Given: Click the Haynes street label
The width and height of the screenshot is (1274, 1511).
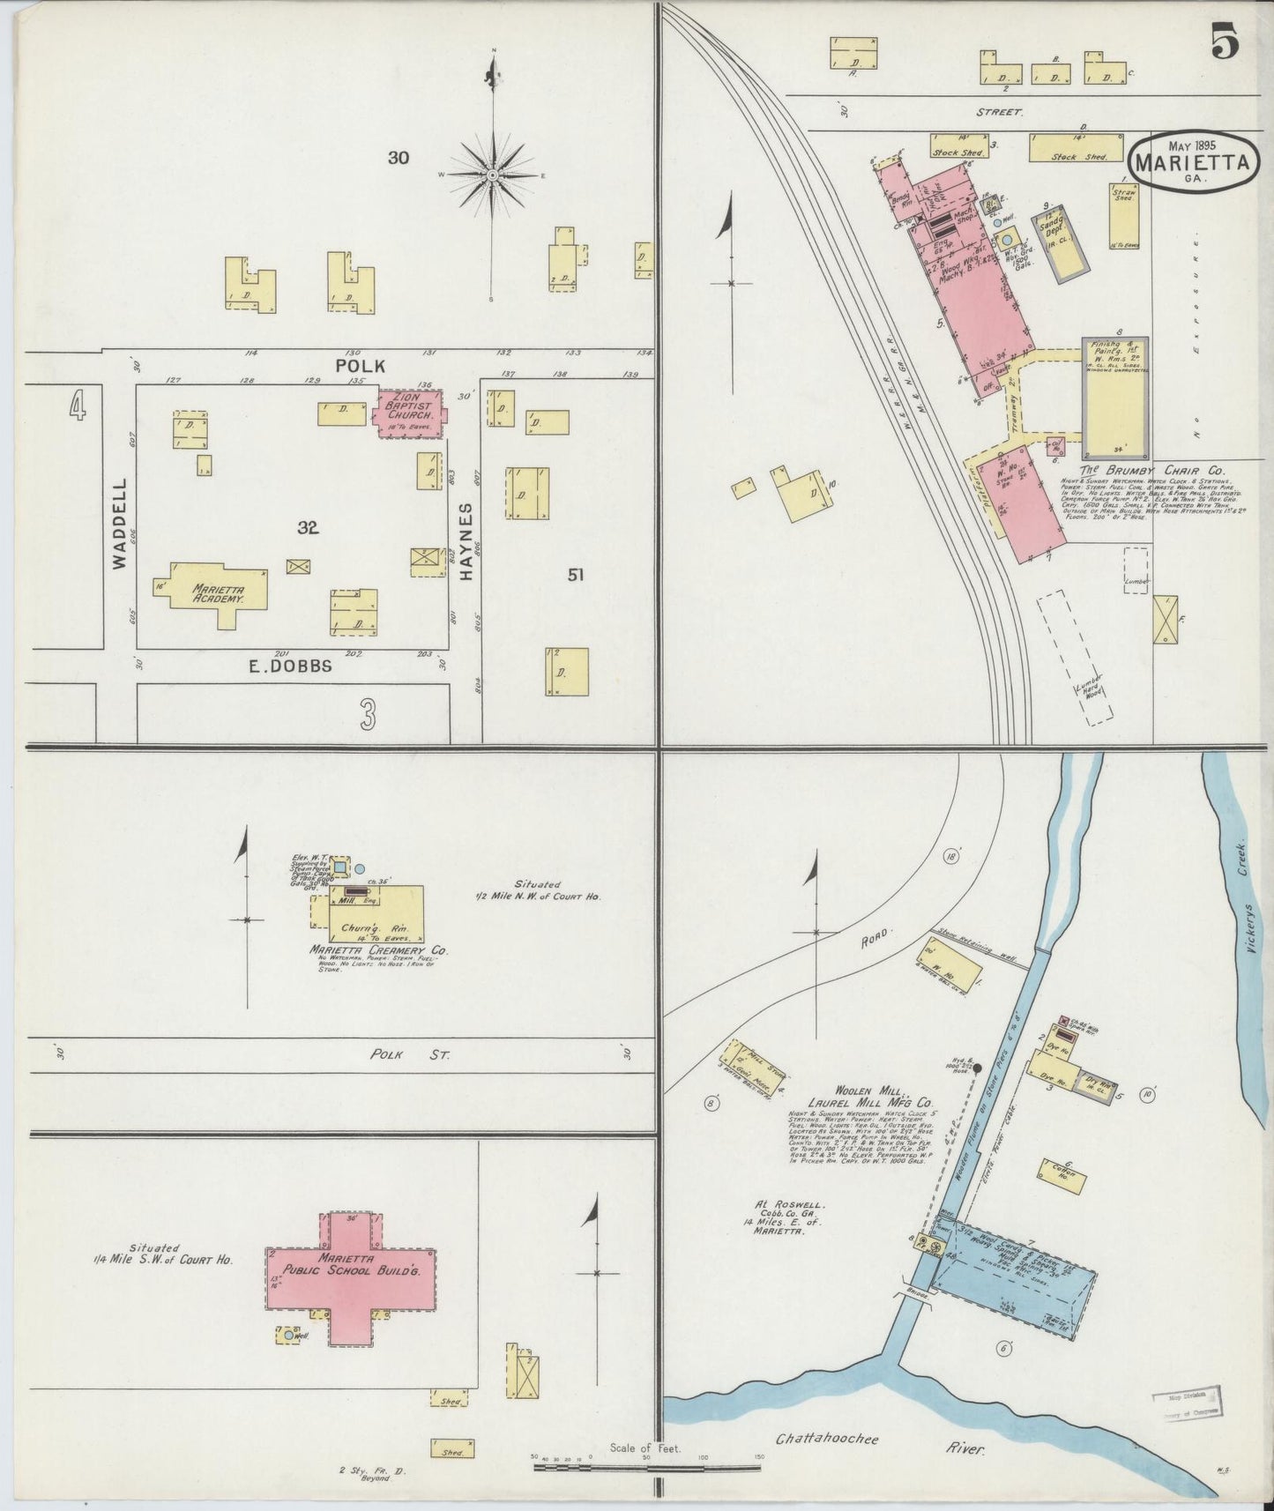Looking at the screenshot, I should click(x=466, y=540).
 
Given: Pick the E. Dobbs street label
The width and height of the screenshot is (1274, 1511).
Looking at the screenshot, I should click(x=290, y=666).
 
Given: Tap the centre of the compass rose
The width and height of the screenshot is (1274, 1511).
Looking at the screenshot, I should click(x=492, y=176).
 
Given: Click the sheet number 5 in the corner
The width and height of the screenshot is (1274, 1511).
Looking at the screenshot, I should click(x=1225, y=43).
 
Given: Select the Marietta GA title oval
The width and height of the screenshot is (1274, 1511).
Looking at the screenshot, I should click(x=1193, y=161).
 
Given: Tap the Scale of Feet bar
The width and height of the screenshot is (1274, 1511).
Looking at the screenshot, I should click(x=646, y=1468).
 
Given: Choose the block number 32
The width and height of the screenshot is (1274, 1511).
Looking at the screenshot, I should click(x=307, y=528).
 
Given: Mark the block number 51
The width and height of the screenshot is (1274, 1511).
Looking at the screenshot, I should click(x=576, y=575).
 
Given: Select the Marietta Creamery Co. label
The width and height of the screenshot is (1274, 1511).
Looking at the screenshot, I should click(x=378, y=951).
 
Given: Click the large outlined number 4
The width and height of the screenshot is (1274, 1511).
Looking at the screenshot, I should click(x=78, y=407).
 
